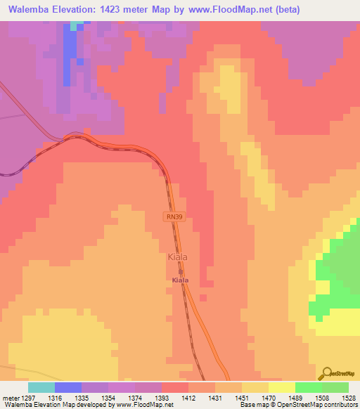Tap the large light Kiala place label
click(x=178, y=257)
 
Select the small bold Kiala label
click(x=180, y=280)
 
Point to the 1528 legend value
click(x=349, y=397)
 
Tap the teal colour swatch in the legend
click(x=41, y=387)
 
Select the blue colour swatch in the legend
click(x=68, y=387)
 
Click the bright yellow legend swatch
click(x=282, y=387)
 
